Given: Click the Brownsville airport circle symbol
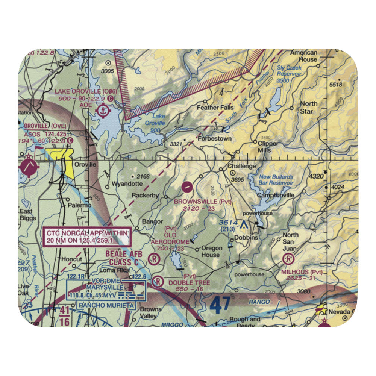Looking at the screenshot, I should tap(187, 186).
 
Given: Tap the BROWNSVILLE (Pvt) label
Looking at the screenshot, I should tap(203, 202).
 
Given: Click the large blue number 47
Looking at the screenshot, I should tap(221, 305).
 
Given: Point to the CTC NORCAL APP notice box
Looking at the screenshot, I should tap(88, 237).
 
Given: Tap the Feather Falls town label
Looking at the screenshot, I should tap(215, 108).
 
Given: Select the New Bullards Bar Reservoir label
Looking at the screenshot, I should tap(276, 180).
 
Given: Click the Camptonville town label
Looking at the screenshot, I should tap(275, 195).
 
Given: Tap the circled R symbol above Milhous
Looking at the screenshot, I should tap(288, 259).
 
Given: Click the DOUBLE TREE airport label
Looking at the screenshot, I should tap(186, 282).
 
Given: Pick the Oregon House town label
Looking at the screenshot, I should tap(210, 251).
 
